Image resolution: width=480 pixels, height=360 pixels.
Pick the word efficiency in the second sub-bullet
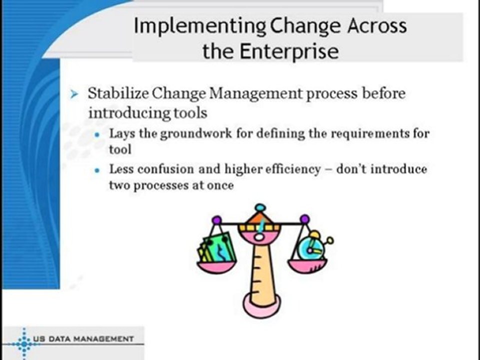pos(291,169)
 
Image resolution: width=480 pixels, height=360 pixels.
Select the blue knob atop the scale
pos(260,207)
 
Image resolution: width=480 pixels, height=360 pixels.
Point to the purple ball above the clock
pos(304,219)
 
